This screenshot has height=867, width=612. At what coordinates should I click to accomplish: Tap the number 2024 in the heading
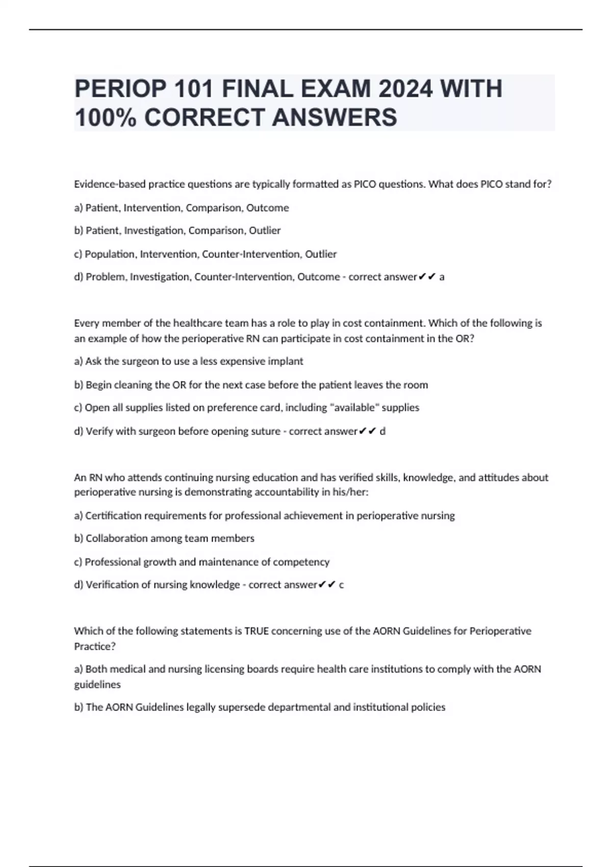pyautogui.click(x=406, y=89)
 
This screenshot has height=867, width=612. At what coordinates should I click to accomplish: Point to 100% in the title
pyautogui.click(x=106, y=117)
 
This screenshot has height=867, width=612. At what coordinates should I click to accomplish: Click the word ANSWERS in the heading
pyautogui.click(x=334, y=117)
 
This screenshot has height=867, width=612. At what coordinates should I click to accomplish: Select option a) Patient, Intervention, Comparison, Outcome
pyautogui.click(x=182, y=208)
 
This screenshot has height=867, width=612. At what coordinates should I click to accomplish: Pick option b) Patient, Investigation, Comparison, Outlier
pyautogui.click(x=177, y=231)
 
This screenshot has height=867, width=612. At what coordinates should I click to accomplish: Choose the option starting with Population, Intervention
pyautogui.click(x=206, y=254)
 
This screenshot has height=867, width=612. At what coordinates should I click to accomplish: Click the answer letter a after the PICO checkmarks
pyautogui.click(x=442, y=277)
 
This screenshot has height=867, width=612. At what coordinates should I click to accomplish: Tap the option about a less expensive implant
pyautogui.click(x=189, y=362)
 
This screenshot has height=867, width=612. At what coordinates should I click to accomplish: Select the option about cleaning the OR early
pyautogui.click(x=251, y=385)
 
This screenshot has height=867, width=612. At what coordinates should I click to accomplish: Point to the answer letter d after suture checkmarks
pyautogui.click(x=383, y=431)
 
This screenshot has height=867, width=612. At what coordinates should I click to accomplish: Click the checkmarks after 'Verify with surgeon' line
pyautogui.click(x=368, y=431)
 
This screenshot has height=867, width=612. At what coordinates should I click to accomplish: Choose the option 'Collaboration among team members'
pyautogui.click(x=164, y=539)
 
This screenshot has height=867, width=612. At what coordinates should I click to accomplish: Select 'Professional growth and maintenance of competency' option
pyautogui.click(x=202, y=562)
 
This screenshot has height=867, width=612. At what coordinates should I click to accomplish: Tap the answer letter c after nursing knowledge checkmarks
pyautogui.click(x=341, y=585)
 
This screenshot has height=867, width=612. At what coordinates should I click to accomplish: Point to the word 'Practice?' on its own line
pyautogui.click(x=95, y=647)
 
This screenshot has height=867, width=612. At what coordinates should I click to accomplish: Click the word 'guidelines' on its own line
pyautogui.click(x=97, y=685)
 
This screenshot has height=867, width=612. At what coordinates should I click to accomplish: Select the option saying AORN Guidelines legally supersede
pyautogui.click(x=260, y=707)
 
